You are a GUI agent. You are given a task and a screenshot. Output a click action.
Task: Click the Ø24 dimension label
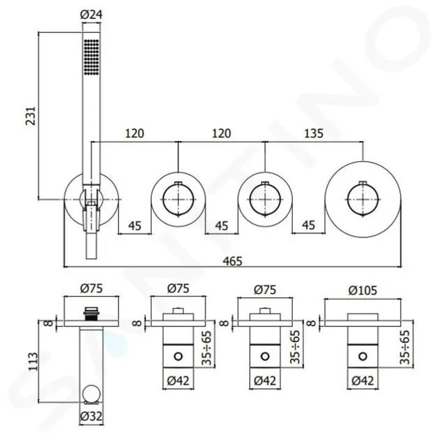pos(91,14)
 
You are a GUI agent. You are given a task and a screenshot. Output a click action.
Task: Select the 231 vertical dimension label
pos(31,116)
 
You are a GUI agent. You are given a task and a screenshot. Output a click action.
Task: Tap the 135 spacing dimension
pos(313,133)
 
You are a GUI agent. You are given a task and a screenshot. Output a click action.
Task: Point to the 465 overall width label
pos(232,261)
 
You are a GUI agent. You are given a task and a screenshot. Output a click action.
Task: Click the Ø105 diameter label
pos(363,290)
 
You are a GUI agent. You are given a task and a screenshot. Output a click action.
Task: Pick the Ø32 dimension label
pos(91,416)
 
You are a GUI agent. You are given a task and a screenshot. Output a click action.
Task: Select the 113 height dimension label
pos(33,362)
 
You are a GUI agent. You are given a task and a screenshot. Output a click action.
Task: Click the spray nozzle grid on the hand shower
pos(91,57)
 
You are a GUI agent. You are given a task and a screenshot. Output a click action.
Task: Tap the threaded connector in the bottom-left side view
pos(91,313)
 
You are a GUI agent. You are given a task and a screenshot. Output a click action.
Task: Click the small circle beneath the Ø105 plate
pos(363,356)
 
